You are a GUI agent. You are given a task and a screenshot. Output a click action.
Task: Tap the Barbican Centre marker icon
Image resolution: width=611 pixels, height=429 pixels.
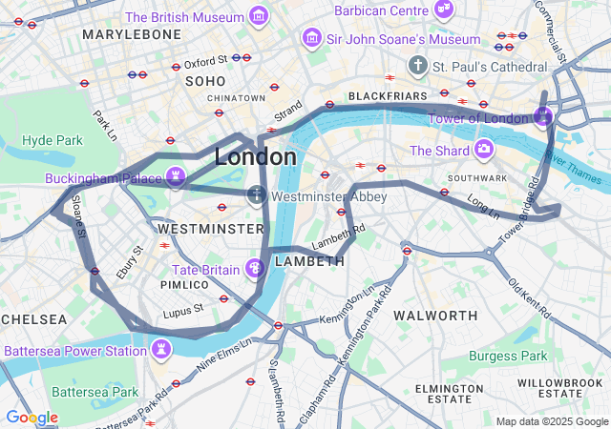pyautogui.click(x=443, y=9)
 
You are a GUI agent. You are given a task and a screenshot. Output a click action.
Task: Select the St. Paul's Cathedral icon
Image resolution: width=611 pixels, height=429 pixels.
pyautogui.click(x=417, y=66)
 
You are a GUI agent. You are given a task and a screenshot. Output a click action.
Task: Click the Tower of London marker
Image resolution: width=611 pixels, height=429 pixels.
pyautogui.click(x=543, y=117)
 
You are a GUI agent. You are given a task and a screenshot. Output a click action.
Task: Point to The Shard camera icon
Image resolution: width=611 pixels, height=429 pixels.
pyautogui.click(x=483, y=150)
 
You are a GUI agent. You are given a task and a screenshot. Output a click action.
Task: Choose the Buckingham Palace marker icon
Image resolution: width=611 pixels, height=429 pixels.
pyautogui.click(x=175, y=176)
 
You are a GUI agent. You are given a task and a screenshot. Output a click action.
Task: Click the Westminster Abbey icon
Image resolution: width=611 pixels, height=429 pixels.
pyautogui.click(x=256, y=196)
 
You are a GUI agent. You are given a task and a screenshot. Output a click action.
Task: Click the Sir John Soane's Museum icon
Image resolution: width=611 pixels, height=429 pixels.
pyautogui.click(x=310, y=38)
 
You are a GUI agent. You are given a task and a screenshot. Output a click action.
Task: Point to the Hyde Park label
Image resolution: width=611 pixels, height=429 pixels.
pyautogui.click(x=52, y=140)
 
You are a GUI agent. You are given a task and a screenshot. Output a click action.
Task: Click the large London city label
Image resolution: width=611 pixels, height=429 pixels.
pyautogui.click(x=255, y=156)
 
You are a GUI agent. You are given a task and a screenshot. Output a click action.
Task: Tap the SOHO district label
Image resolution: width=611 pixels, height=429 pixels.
pyautogui.click(x=205, y=81)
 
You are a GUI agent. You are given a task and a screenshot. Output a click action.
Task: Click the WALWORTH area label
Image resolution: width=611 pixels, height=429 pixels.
pyautogui.click(x=435, y=316)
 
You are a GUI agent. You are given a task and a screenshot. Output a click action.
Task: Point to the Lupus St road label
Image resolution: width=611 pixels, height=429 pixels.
pyautogui.click(x=182, y=310)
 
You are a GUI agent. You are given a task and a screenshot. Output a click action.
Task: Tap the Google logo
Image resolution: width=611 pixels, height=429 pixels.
pyautogui.click(x=32, y=418)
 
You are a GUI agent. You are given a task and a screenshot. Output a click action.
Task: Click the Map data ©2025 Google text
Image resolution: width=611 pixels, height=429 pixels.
pyautogui.click(x=552, y=421)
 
